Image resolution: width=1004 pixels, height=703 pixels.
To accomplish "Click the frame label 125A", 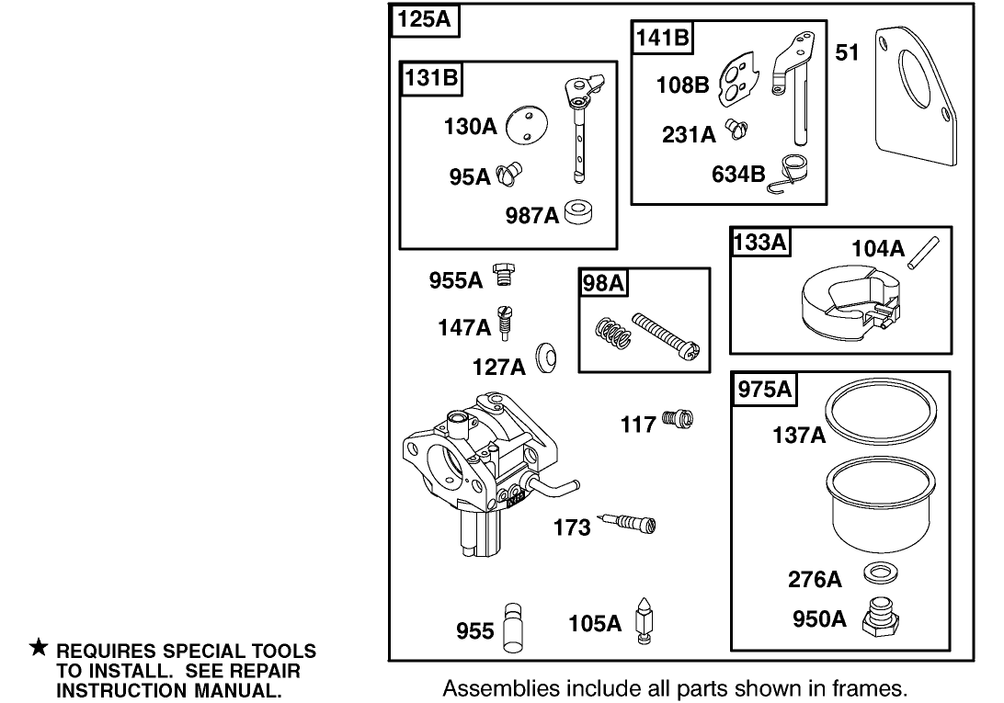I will (425, 20).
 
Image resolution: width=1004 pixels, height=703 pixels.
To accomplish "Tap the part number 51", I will (847, 52).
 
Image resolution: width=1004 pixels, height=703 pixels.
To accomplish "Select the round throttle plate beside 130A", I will (527, 126).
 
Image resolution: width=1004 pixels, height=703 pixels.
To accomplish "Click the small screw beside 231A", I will (736, 131).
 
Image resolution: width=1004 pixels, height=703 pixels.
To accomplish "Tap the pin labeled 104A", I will (926, 254).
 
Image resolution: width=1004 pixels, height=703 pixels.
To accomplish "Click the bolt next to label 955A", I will (503, 274).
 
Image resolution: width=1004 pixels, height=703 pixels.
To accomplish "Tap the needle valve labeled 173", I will (629, 524).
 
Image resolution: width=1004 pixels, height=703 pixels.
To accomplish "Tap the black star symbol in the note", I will (39, 650).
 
